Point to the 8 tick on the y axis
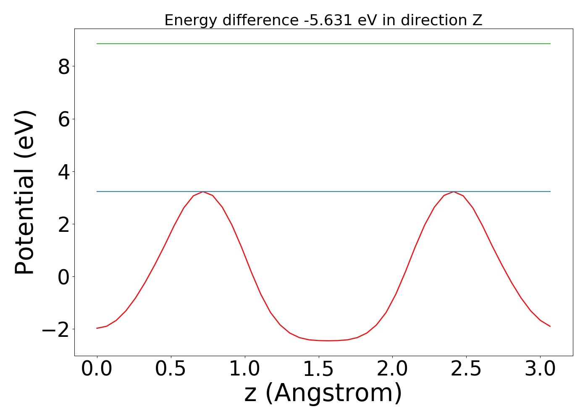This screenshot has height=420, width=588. tap(64, 66)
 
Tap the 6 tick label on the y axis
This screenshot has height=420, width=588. tap(64, 119)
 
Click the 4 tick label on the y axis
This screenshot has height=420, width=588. tap(64, 171)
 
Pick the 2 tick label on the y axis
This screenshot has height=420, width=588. tap(64, 224)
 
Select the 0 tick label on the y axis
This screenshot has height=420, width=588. tap(64, 276)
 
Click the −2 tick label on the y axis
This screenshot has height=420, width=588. tap(56, 329)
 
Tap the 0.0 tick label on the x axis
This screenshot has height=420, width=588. tap(97, 369)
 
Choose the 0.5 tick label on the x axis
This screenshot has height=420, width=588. tap(171, 369)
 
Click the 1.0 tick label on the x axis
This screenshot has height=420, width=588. tap(245, 369)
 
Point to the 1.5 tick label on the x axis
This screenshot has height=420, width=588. tap(319, 369)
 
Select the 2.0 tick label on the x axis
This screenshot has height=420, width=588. tap(392, 369)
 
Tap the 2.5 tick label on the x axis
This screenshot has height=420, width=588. tap(466, 369)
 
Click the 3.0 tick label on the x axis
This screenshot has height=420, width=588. tap(540, 369)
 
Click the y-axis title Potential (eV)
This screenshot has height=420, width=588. tap(25, 192)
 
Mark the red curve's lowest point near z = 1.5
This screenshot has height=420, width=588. tap(328, 341)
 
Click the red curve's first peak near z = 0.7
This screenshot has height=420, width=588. tap(203, 192)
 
